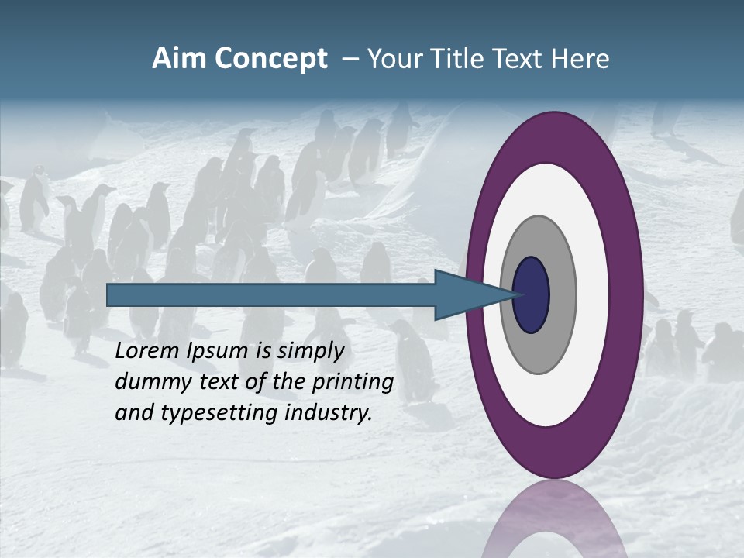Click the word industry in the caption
(329, 414)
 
